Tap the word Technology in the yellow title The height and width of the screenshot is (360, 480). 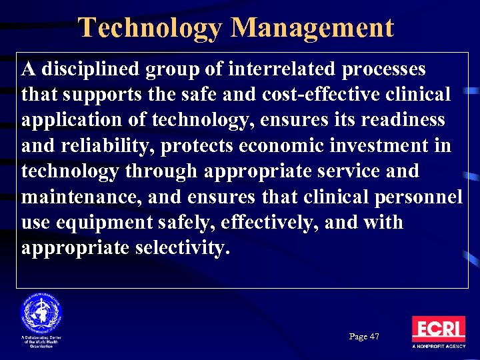click(x=150, y=28)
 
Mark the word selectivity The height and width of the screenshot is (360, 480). click(x=182, y=247)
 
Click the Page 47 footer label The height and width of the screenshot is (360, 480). click(x=364, y=337)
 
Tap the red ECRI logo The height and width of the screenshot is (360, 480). click(x=438, y=328)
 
